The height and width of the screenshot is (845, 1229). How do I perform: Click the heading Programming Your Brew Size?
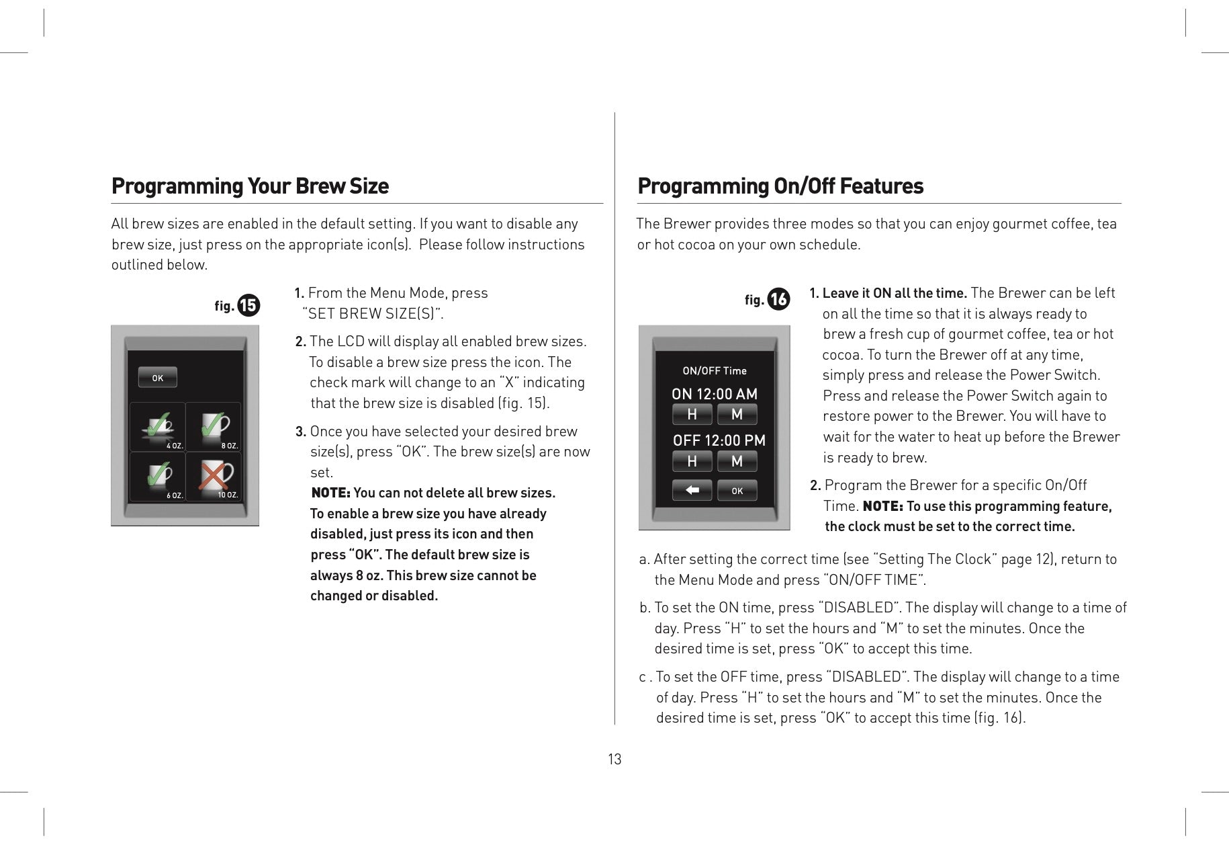pyautogui.click(x=250, y=186)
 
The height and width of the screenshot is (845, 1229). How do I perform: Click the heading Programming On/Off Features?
pyautogui.click(x=780, y=186)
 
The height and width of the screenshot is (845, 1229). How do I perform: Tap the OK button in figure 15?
pyautogui.click(x=158, y=378)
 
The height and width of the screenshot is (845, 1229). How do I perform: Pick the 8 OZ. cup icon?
pyautogui.click(x=213, y=427)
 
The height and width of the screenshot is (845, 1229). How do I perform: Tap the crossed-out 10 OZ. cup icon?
pyautogui.click(x=213, y=477)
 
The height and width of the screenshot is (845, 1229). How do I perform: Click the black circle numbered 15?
pyautogui.click(x=248, y=306)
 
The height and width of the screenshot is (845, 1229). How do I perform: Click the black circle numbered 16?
pyautogui.click(x=778, y=299)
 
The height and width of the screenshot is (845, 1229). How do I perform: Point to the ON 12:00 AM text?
pyautogui.click(x=715, y=394)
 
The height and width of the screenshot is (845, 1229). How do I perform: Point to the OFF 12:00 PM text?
pyautogui.click(x=719, y=440)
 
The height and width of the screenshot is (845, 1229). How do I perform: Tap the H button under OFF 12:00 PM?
pyautogui.click(x=692, y=461)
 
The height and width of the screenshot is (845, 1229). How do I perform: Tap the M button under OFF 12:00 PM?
pyautogui.click(x=737, y=461)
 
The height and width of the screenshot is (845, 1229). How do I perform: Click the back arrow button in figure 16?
pyautogui.click(x=692, y=491)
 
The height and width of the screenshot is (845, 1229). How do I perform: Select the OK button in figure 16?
pyautogui.click(x=737, y=491)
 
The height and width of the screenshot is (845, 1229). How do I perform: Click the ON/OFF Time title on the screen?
pyautogui.click(x=715, y=370)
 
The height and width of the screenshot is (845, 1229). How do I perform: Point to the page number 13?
pyautogui.click(x=614, y=760)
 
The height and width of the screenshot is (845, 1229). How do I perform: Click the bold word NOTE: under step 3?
pyautogui.click(x=330, y=493)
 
